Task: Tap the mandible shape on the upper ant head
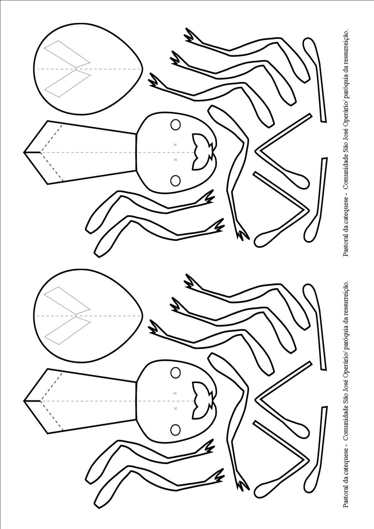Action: (204, 152)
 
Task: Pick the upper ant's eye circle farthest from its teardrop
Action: (176, 181)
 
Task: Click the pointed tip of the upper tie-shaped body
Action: (23, 152)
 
